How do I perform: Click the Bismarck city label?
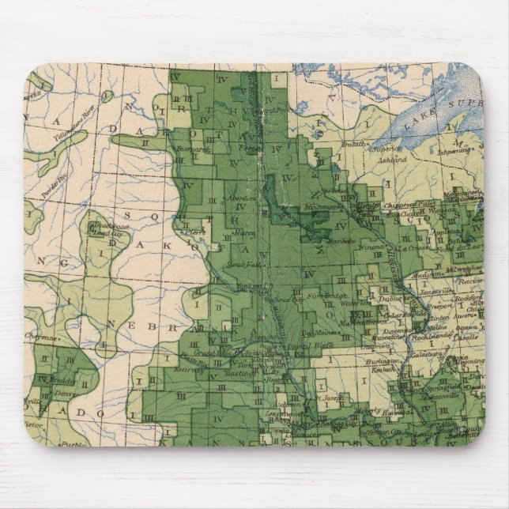point(193,148)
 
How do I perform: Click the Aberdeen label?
point(241,198)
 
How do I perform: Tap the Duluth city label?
point(356,144)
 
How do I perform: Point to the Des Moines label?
point(321,332)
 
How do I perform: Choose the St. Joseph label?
point(332,398)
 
